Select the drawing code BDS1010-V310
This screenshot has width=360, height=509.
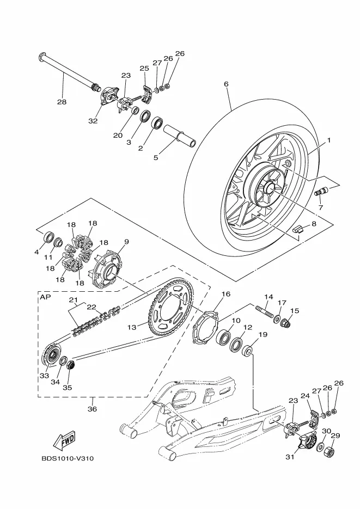pyautogui.click(x=68, y=459)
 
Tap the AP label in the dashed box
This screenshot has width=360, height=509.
pyautogui.click(x=44, y=297)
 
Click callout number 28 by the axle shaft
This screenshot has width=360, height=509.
pyautogui.click(x=62, y=102)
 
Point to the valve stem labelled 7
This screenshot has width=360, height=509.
pyautogui.click(x=321, y=192)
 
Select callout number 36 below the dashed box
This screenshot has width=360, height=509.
pyautogui.click(x=93, y=409)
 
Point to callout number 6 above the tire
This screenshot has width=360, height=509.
pyautogui.click(x=226, y=84)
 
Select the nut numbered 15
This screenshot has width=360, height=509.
pyautogui.click(x=285, y=323)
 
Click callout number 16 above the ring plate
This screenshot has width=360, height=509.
pyautogui.click(x=226, y=294)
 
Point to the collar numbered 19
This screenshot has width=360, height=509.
pyautogui.click(x=248, y=351)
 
